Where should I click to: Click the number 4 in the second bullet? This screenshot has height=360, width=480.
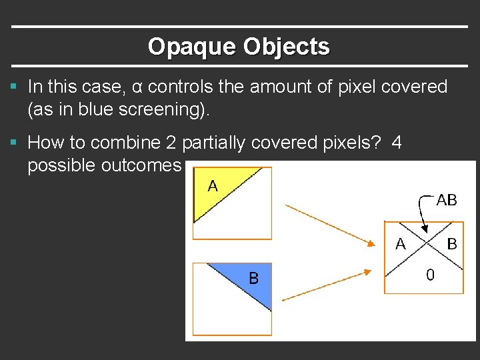(397, 143)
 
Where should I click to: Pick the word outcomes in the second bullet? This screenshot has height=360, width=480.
(141, 165)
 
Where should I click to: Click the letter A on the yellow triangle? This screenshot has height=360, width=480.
(213, 185)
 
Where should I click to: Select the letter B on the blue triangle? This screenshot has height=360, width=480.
(253, 277)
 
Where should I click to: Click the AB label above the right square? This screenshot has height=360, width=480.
(446, 200)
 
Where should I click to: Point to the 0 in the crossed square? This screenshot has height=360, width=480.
(430, 275)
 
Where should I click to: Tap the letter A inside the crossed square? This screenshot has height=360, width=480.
(400, 244)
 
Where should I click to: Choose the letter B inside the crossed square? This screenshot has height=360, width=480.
(452, 244)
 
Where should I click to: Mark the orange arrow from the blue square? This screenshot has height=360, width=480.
(327, 285)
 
